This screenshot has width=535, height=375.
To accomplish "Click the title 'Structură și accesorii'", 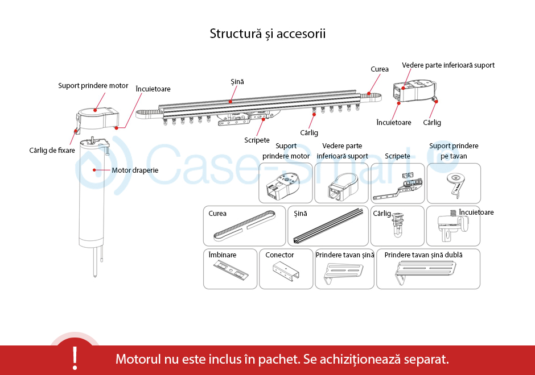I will (267, 34).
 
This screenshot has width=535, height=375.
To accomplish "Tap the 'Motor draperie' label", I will (135, 170).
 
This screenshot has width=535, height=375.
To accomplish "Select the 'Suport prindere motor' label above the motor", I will (93, 86).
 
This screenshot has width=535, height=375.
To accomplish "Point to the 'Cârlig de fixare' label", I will (52, 151).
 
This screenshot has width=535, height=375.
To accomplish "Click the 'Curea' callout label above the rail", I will (380, 69).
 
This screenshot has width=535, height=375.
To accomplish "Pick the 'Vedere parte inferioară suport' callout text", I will (448, 65).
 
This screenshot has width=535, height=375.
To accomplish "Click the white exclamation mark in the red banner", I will (75, 357).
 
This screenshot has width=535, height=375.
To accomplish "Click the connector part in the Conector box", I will (285, 272).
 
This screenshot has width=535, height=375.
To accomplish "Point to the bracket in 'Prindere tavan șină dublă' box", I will (427, 273).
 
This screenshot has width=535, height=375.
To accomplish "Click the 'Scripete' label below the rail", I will (257, 140).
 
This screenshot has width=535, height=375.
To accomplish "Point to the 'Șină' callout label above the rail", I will (237, 82).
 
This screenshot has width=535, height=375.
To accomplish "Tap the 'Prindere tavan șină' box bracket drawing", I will (344, 274).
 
